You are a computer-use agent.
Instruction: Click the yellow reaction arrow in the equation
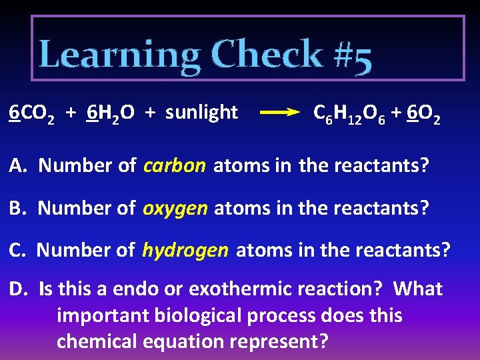click(279, 113)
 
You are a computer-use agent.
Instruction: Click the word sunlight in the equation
click(201, 113)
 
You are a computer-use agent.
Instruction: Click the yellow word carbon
click(175, 165)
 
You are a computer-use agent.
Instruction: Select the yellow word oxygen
click(176, 208)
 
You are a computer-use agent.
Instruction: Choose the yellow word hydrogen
click(185, 250)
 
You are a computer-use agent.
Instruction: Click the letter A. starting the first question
click(18, 165)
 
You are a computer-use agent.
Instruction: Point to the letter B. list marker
click(18, 207)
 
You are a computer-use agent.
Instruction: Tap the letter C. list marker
click(18, 250)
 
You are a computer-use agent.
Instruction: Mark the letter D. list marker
click(19, 289)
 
